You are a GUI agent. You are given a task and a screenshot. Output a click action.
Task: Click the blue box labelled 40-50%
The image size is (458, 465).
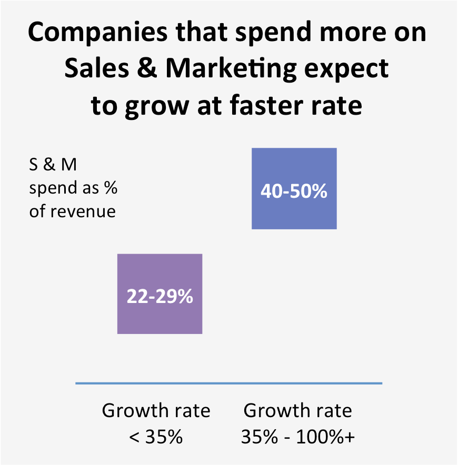294,189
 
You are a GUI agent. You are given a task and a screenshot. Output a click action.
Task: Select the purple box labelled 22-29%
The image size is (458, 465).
160,294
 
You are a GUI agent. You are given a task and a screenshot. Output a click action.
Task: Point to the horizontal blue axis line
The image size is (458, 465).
228,383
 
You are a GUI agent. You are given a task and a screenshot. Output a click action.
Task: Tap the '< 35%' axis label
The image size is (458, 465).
156,436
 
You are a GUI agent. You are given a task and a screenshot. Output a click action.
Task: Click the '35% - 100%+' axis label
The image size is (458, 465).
297,436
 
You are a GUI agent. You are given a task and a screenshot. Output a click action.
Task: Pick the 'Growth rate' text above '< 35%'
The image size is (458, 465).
156,410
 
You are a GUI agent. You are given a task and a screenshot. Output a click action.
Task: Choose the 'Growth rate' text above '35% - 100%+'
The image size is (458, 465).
297,410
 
